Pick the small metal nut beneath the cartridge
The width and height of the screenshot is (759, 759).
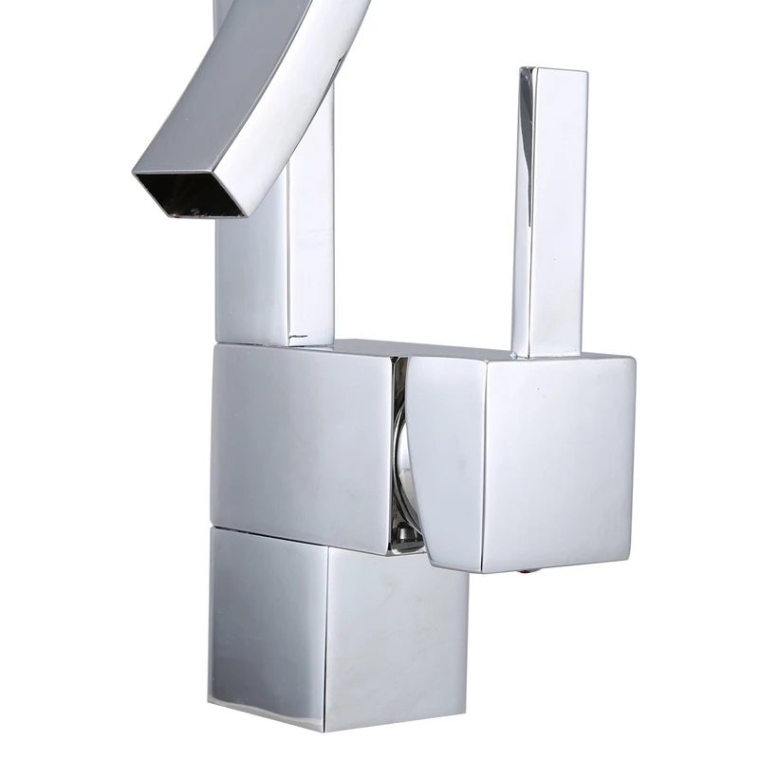tap(406, 542)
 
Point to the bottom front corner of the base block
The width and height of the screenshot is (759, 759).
tap(324, 729)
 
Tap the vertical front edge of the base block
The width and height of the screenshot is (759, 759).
tap(326, 636)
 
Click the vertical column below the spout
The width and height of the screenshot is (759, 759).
tap(275, 275)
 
